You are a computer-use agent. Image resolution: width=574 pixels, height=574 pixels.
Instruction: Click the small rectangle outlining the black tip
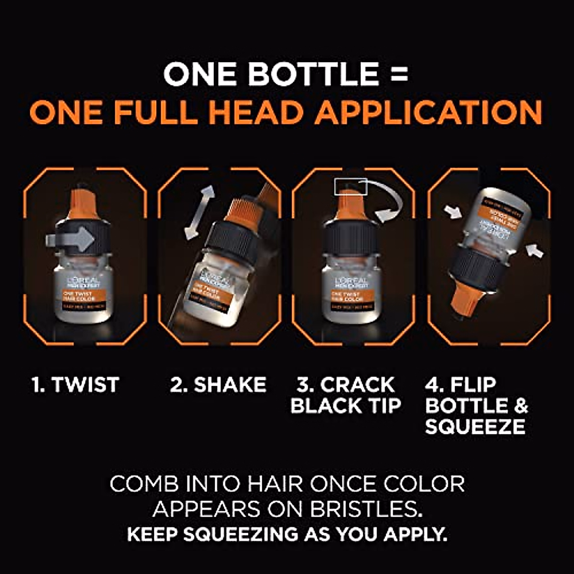[x=351, y=187]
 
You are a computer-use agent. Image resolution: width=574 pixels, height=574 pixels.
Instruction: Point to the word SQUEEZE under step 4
[x=475, y=427]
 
